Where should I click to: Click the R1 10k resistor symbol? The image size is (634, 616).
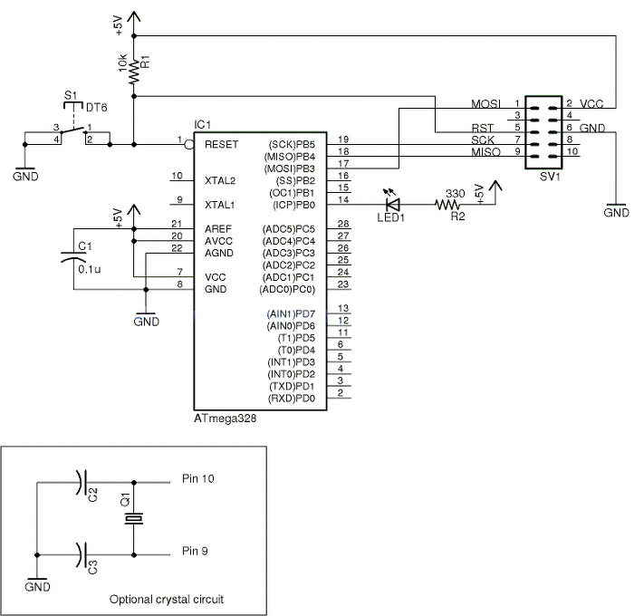coord(134,71)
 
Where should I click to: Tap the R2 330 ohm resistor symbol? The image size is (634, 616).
coord(448,206)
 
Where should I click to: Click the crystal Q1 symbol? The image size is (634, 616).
coord(134,518)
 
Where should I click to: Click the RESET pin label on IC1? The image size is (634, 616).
coord(221,144)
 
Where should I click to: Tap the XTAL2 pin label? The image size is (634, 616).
coord(220,180)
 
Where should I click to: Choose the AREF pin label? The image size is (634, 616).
coord(218,227)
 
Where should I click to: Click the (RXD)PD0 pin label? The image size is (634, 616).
coord(291,398)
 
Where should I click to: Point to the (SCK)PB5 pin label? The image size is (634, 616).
coord(291,144)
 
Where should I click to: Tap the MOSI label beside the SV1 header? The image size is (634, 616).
coord(485,103)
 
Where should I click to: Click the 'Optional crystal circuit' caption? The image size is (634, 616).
coord(167,599)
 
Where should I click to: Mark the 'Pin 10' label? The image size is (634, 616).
coord(198,478)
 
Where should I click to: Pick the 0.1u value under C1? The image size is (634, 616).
coord(89,270)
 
